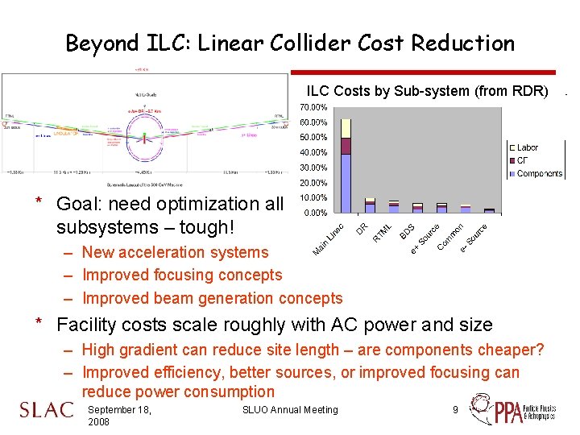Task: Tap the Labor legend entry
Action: click(x=527, y=147)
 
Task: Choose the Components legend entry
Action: click(x=539, y=173)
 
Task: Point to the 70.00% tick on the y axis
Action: click(x=313, y=106)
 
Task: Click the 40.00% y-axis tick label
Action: click(x=313, y=152)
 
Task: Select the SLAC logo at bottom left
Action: click(x=45, y=410)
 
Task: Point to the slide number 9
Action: click(x=455, y=410)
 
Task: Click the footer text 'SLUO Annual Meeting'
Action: click(x=290, y=410)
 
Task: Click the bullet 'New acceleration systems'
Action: click(x=175, y=252)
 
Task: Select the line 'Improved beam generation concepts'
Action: click(x=212, y=298)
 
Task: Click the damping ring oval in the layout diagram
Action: click(x=145, y=129)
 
